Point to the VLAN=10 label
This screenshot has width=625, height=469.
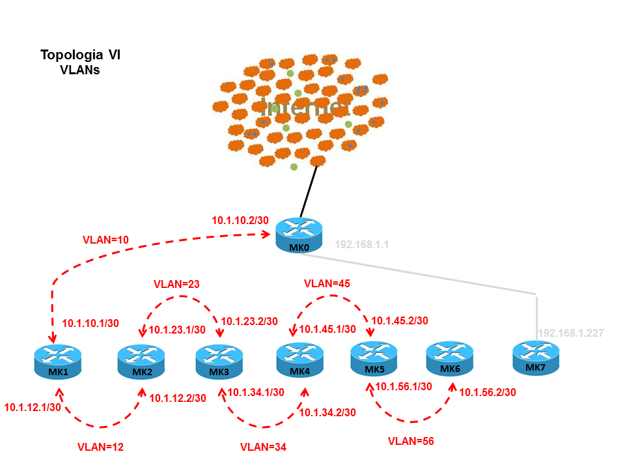[x=105, y=240]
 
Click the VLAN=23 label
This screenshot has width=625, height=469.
[x=176, y=285]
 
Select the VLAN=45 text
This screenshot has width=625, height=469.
[x=327, y=285]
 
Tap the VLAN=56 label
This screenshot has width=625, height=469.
[x=411, y=441]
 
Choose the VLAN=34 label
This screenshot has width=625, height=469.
[x=263, y=448]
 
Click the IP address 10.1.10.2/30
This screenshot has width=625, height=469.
[x=240, y=220]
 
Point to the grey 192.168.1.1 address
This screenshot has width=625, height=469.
[x=361, y=246]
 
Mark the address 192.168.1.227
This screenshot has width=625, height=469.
[x=571, y=333]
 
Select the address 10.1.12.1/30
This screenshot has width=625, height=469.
[x=33, y=408]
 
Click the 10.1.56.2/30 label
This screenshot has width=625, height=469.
[x=488, y=392]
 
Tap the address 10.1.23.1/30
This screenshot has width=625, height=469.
[x=178, y=330]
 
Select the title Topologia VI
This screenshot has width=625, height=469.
[x=81, y=55]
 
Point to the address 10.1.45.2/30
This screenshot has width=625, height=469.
[x=400, y=320]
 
